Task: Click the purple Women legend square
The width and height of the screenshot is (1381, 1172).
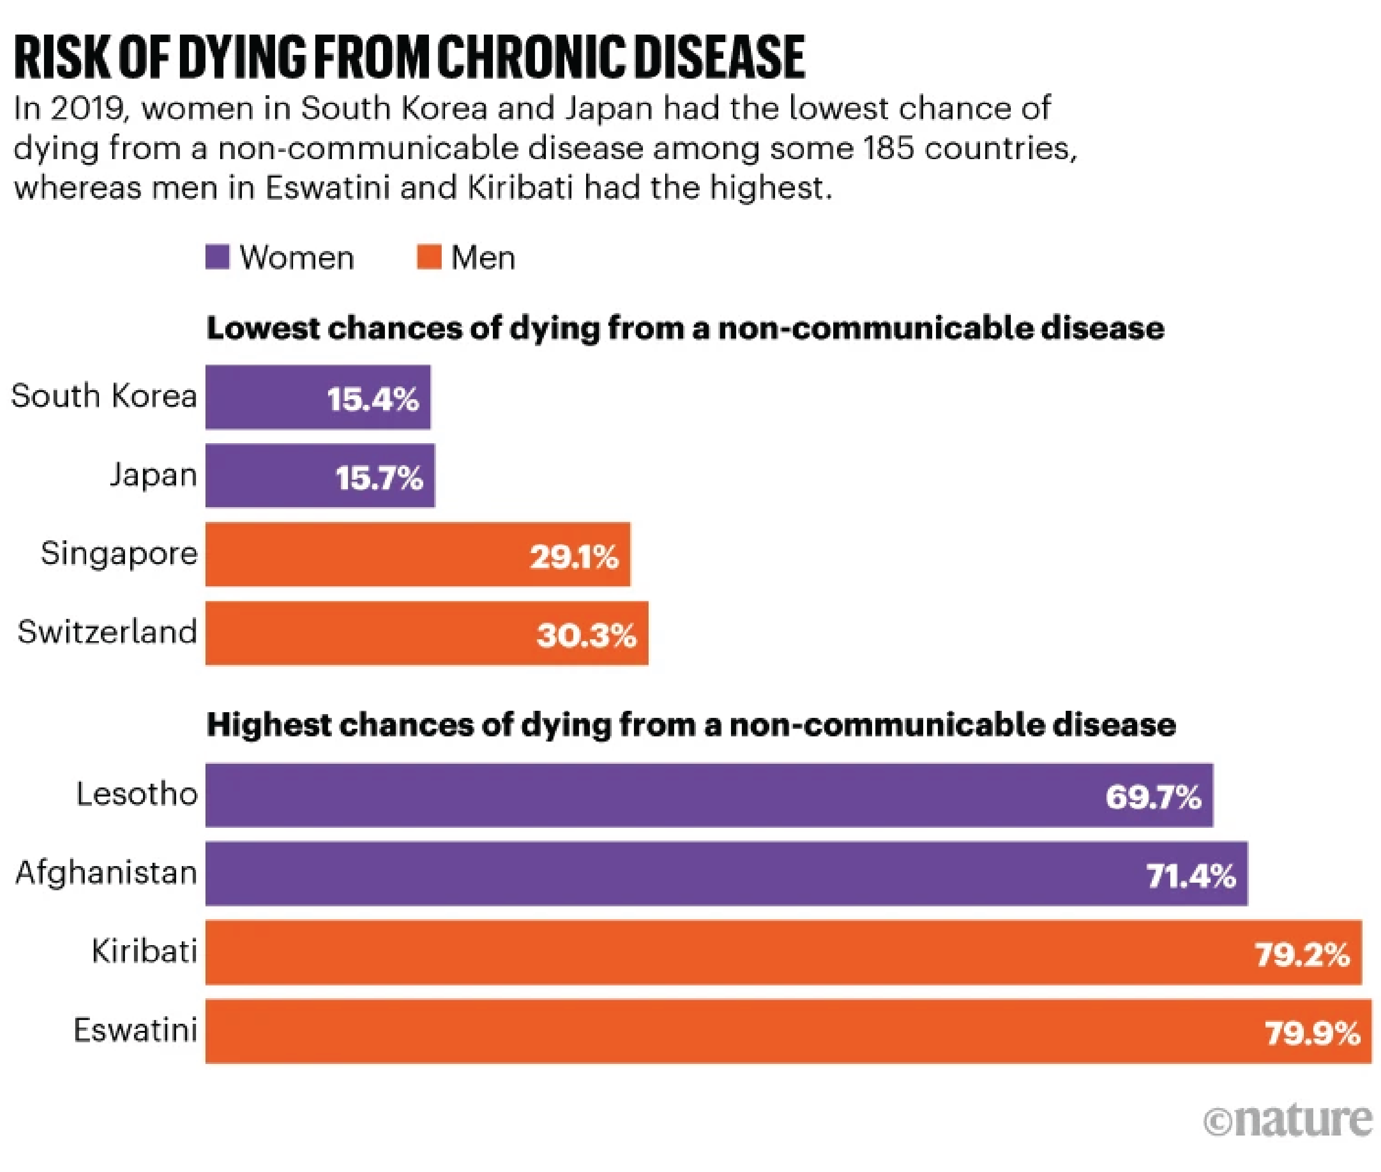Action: tap(217, 257)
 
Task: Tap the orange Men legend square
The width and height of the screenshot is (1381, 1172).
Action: tap(429, 257)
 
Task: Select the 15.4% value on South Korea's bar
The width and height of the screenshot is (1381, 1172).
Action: tap(373, 399)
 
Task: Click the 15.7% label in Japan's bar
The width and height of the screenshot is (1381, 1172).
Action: tap(379, 478)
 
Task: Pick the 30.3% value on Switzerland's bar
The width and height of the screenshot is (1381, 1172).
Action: tap(587, 635)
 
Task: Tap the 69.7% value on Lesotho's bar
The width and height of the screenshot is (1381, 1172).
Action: tap(1153, 796)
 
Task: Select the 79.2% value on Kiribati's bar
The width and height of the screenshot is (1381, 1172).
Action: tap(1302, 954)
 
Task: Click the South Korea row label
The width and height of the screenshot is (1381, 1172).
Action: tap(104, 396)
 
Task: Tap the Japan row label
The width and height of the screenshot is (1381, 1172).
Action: tap(153, 475)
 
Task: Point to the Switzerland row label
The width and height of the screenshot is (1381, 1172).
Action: tap(107, 632)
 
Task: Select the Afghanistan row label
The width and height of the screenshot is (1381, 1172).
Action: tap(106, 872)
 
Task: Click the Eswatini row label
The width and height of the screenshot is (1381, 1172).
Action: tap(135, 1030)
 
